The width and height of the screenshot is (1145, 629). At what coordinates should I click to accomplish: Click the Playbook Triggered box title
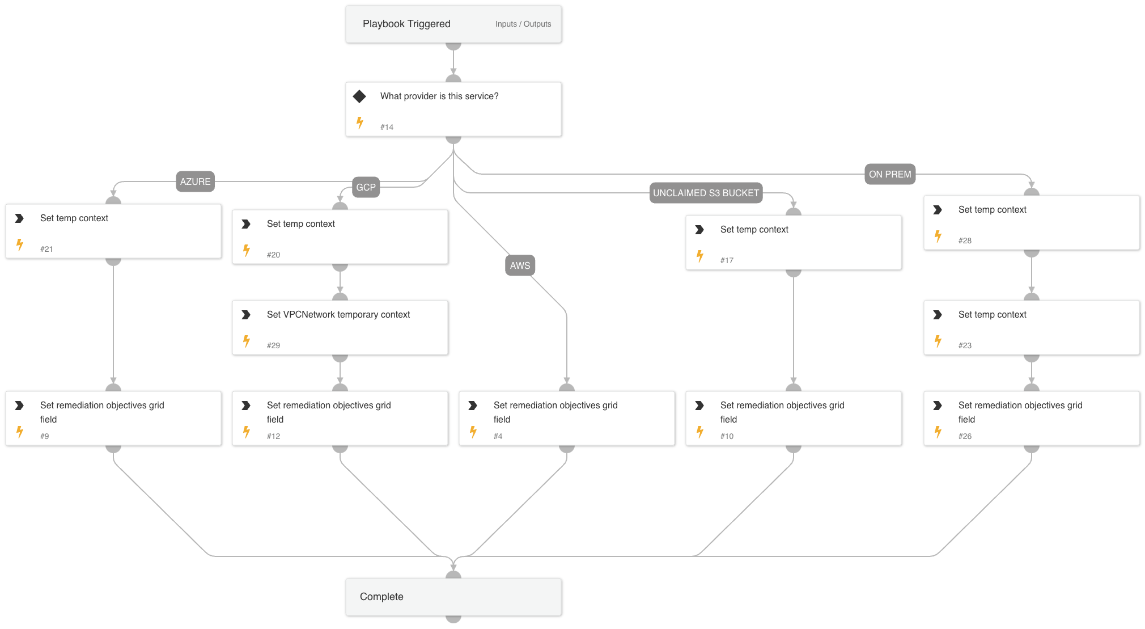(x=406, y=24)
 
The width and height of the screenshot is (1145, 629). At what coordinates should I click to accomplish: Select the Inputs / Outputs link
(x=523, y=24)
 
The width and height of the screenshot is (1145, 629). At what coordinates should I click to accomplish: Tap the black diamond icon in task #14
(x=359, y=96)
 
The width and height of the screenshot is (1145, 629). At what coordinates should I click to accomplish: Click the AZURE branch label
(x=195, y=181)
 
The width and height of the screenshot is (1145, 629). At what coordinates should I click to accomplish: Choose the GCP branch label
(x=366, y=187)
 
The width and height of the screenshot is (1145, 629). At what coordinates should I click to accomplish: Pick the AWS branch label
(x=520, y=265)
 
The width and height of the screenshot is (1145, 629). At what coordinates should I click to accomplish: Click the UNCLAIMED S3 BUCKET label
(x=706, y=193)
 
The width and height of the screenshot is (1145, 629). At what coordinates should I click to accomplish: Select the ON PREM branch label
(x=890, y=174)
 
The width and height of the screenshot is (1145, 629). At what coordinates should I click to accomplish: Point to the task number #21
(x=46, y=249)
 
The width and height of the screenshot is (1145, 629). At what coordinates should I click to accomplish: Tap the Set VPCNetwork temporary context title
(x=338, y=314)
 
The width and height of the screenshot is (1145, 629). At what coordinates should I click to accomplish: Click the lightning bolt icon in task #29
(x=247, y=341)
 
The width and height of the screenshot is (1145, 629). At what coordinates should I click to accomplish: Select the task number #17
(x=727, y=260)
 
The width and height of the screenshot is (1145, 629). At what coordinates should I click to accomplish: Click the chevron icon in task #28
(x=938, y=210)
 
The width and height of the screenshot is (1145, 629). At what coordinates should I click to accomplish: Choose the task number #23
(x=965, y=345)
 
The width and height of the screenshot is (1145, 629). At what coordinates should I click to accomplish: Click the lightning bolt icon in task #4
(x=473, y=432)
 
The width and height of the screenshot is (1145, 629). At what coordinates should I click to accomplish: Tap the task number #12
(x=273, y=436)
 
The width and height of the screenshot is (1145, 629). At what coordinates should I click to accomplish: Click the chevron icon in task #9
(x=19, y=406)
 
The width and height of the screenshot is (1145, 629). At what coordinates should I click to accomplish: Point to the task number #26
(x=965, y=436)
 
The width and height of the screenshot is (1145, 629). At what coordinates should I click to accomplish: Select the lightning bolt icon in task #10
(x=700, y=432)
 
